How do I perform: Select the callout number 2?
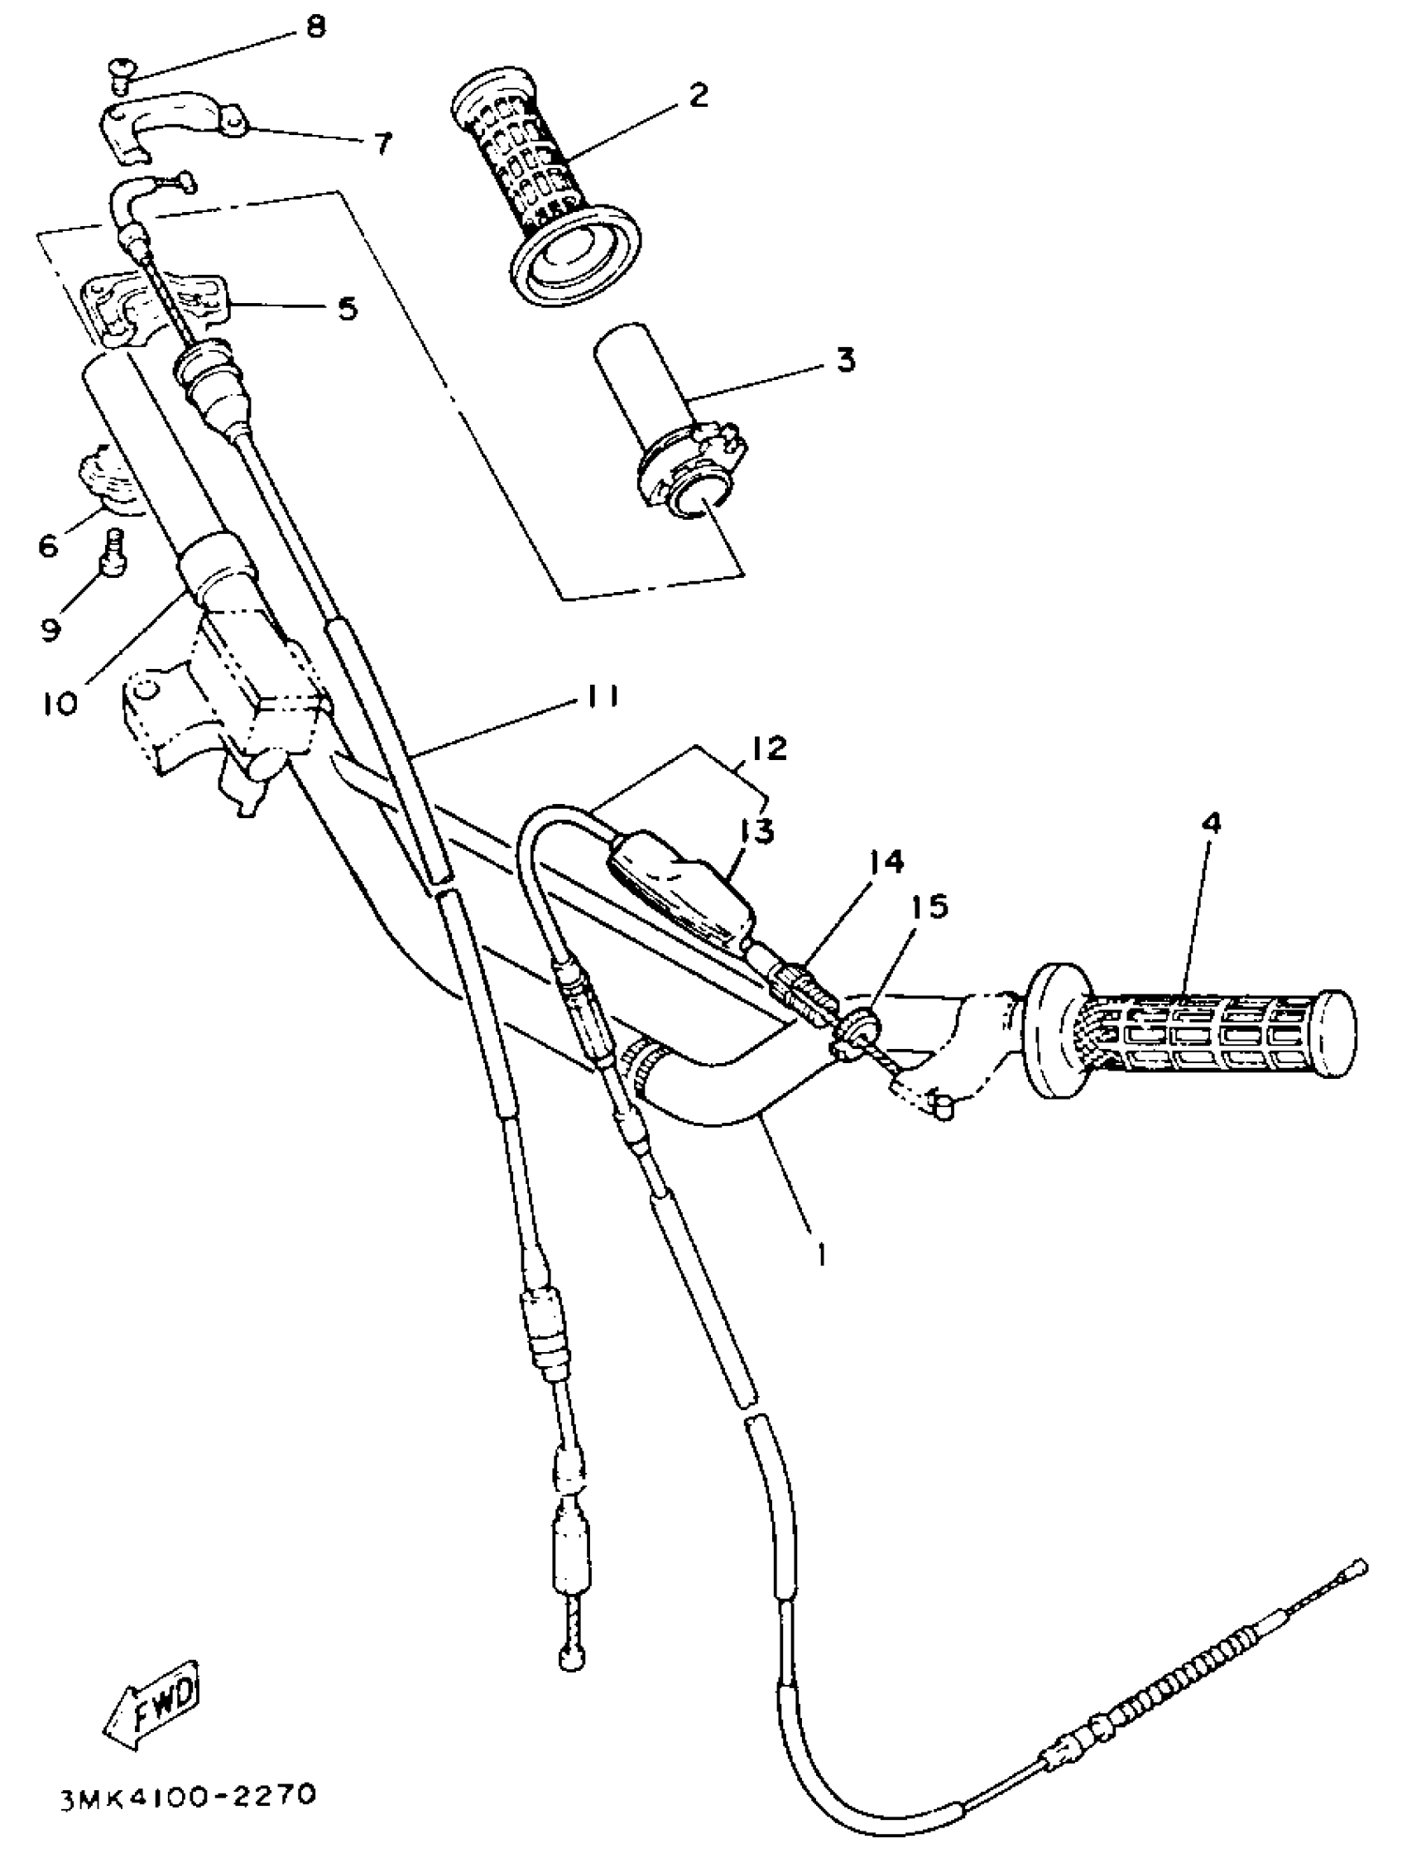click(697, 94)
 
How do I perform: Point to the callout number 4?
click(1211, 823)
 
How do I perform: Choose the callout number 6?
click(49, 546)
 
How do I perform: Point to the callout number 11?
click(602, 697)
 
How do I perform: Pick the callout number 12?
click(769, 748)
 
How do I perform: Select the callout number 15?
click(930, 907)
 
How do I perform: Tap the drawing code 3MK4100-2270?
click(188, 1795)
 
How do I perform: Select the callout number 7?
click(382, 144)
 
